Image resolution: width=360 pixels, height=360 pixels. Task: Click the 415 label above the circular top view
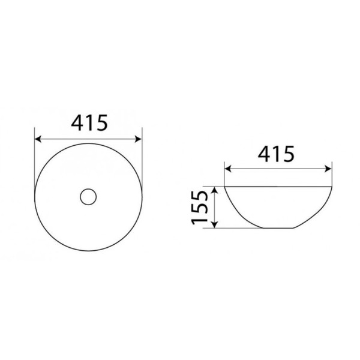click(89, 123)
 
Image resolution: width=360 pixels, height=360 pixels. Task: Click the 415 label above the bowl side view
click(276, 154)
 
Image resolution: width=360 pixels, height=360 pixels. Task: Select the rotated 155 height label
click(200, 208)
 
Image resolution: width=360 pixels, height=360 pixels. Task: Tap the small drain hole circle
click(88, 197)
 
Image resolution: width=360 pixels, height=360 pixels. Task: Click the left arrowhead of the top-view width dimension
click(38, 139)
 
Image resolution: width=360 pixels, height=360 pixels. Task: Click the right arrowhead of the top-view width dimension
click(139, 139)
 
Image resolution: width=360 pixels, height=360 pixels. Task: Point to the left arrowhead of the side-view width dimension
click(228, 169)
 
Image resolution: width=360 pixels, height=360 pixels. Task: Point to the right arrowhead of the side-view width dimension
click(328, 169)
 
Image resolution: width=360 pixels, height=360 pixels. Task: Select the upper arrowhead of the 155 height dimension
click(214, 190)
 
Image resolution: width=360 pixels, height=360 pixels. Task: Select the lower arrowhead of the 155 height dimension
click(214, 224)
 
